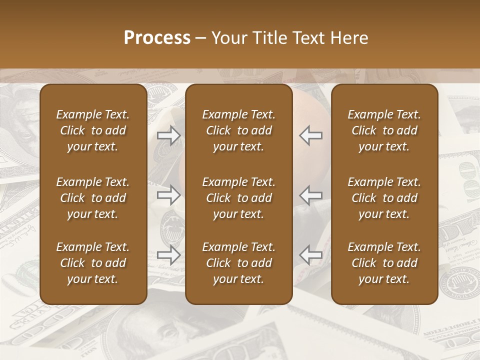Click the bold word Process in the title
(x=157, y=38)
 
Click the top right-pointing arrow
(x=169, y=135)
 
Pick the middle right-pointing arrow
(x=169, y=195)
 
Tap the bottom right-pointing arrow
(x=169, y=254)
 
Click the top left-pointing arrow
(x=310, y=135)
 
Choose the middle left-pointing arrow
(x=310, y=195)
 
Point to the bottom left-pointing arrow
(x=310, y=254)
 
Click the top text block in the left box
(x=93, y=130)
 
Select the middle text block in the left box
(x=93, y=198)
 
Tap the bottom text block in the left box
(x=93, y=263)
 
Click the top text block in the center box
(x=238, y=130)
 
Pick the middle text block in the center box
(x=238, y=198)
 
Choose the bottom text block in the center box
(x=238, y=263)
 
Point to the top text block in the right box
(x=384, y=130)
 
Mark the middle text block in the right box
(x=384, y=198)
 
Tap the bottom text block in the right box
(x=384, y=263)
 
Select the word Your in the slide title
(x=227, y=38)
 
